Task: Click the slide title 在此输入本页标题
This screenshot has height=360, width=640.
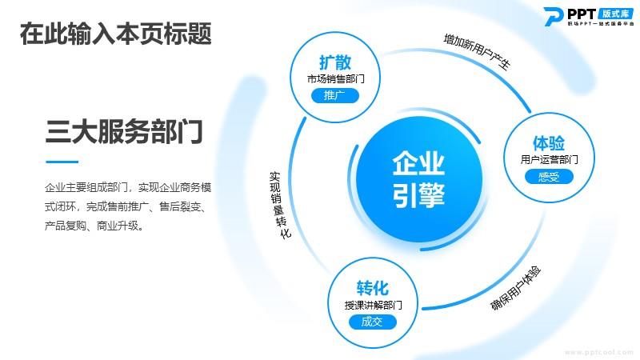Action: (115, 34)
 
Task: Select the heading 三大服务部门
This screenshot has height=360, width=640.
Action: (124, 131)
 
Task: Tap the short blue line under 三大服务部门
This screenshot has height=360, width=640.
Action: (62, 162)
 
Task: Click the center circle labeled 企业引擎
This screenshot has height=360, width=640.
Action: (418, 179)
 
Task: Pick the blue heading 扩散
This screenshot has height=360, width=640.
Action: (335, 62)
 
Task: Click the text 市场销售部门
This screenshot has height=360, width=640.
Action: (335, 78)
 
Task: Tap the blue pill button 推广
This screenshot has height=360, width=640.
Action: (335, 95)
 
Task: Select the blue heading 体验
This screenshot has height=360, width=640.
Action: (549, 143)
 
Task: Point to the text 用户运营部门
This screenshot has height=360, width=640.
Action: (549, 159)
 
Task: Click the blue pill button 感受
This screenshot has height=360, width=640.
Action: (549, 177)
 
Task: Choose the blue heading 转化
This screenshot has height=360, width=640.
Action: (372, 288)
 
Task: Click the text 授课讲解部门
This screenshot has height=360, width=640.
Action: (373, 305)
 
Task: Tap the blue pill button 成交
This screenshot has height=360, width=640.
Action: (372, 322)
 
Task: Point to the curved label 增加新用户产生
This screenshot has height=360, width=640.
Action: (477, 52)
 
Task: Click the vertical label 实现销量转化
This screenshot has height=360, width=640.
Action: (279, 205)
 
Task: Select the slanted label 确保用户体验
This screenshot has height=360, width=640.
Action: (515, 288)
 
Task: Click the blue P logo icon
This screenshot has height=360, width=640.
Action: (554, 17)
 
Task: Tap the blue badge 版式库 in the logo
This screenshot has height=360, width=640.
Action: (616, 14)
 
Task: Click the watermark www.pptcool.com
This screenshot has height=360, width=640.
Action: (598, 352)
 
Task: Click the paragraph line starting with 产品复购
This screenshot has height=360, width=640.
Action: (94, 226)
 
